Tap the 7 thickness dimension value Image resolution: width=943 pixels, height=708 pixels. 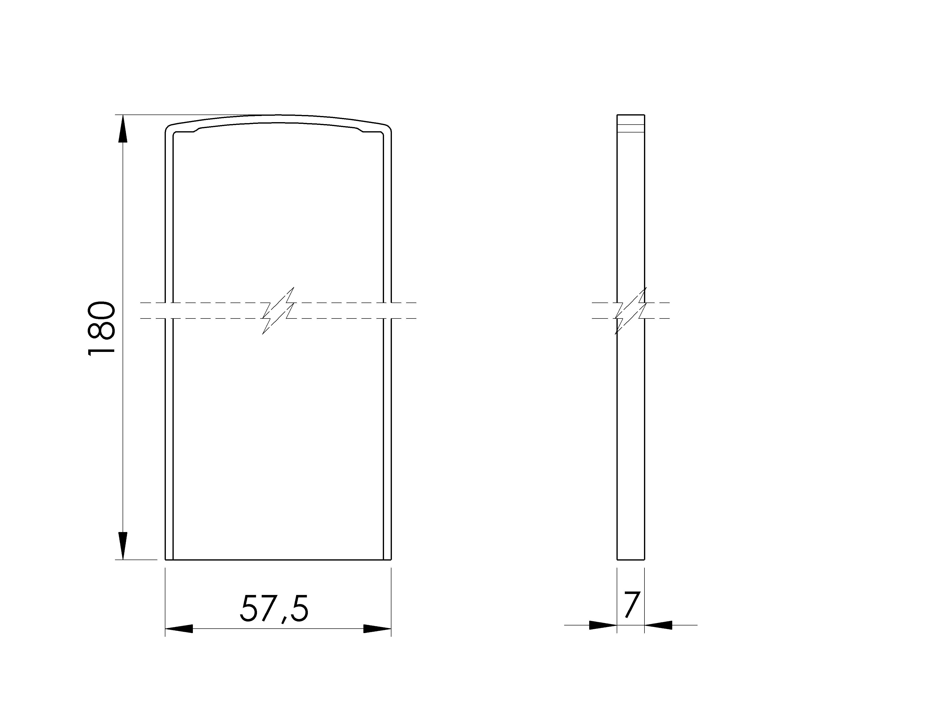pyautogui.click(x=631, y=604)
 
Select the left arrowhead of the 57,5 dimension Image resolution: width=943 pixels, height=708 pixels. pyautogui.click(x=179, y=629)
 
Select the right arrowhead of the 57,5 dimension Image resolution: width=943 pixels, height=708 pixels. pyautogui.click(x=377, y=629)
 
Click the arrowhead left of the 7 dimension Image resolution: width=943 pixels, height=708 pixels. pyautogui.click(x=603, y=625)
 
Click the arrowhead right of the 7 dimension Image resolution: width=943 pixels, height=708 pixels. pyautogui.click(x=658, y=625)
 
